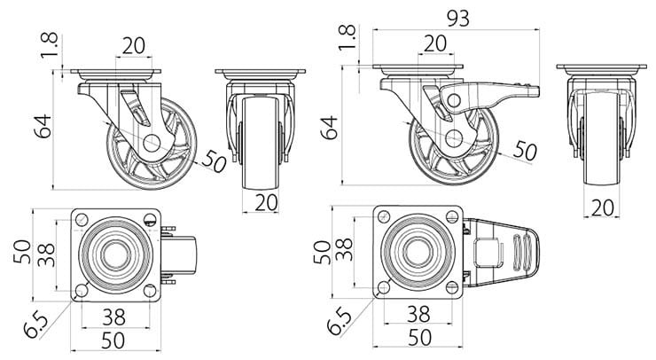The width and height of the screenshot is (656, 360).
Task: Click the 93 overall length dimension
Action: [457, 17]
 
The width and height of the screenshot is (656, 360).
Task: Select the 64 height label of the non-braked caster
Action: [43, 128]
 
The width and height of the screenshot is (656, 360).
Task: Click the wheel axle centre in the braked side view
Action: [453, 138]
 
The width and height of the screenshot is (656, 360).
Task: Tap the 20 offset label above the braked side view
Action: [434, 43]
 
